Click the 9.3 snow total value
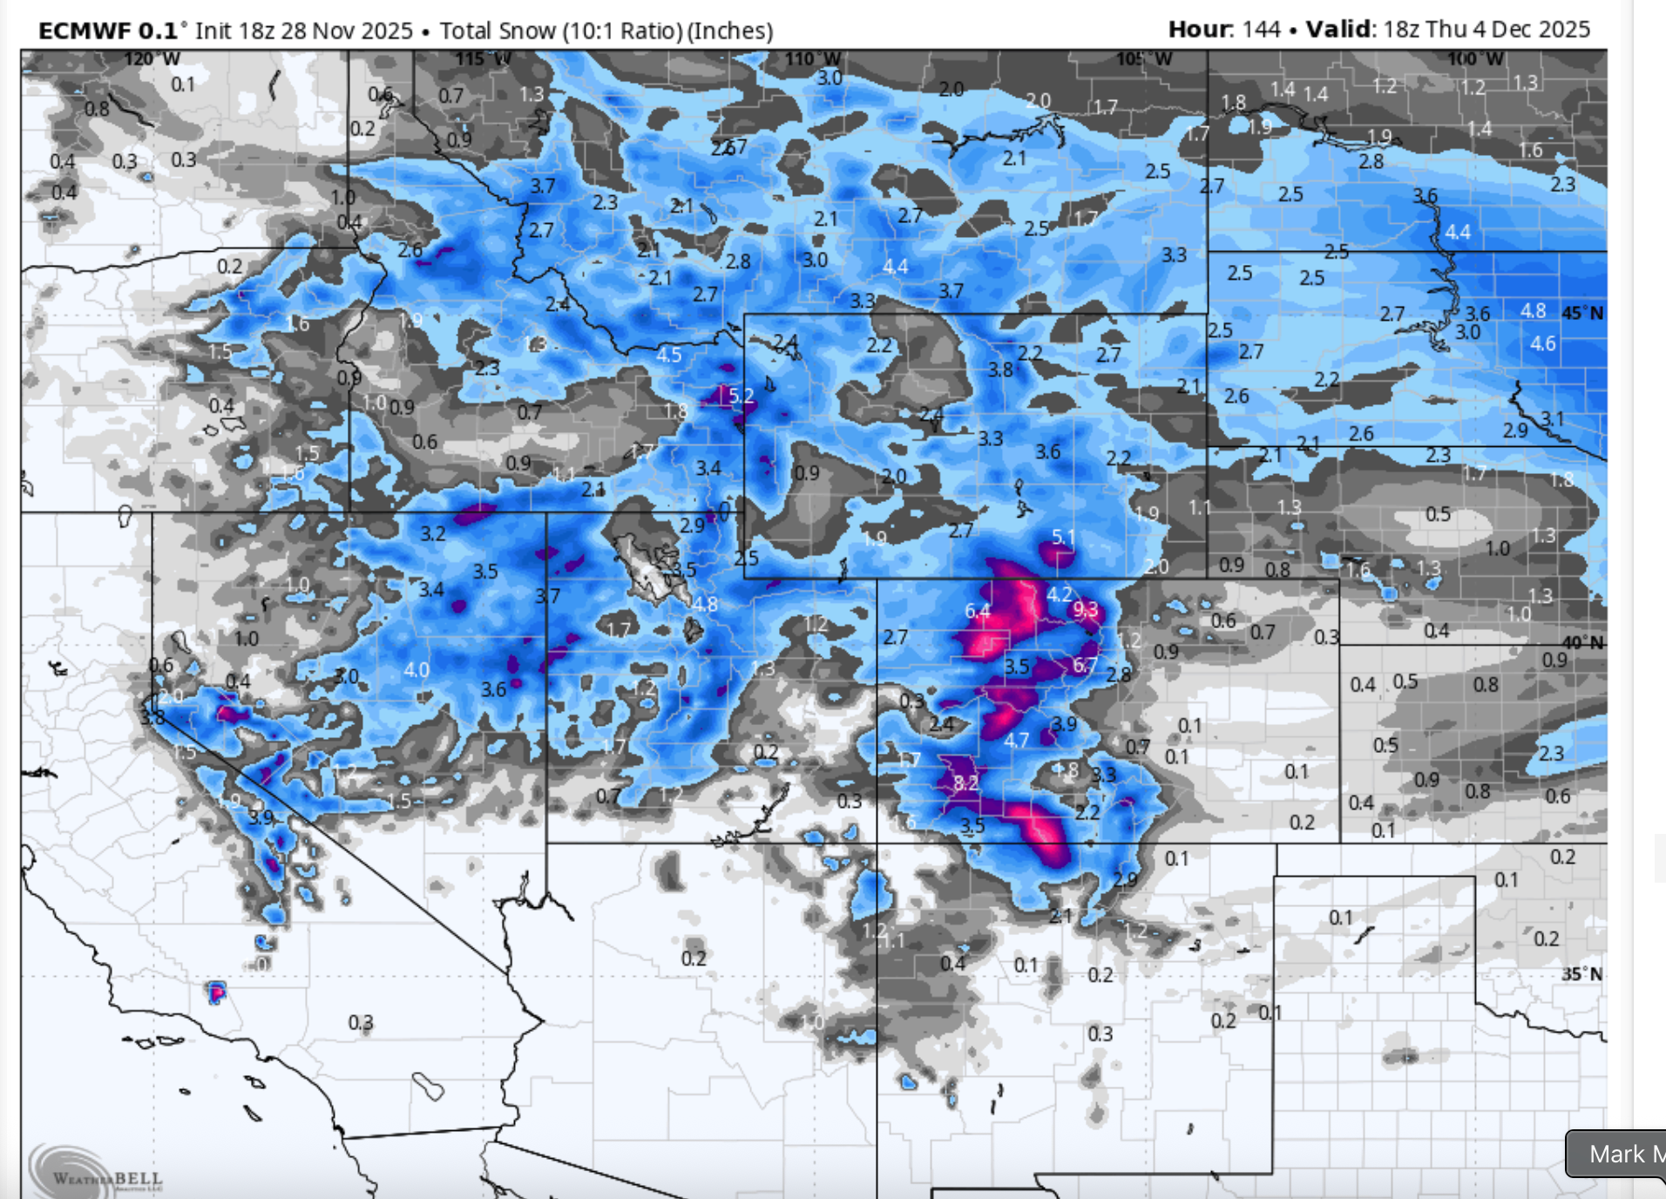1086,608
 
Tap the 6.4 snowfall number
978,612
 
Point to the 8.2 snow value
965,782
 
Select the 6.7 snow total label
1085,666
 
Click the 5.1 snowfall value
1063,537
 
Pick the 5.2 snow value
741,396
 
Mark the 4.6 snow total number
1542,343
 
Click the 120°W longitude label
152,59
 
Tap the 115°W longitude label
482,59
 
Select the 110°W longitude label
813,59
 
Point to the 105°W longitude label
1144,59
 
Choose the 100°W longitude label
1475,59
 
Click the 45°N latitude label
1582,313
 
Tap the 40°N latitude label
1582,643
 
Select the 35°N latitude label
1582,973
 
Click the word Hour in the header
1200,30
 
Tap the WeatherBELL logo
96,1173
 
